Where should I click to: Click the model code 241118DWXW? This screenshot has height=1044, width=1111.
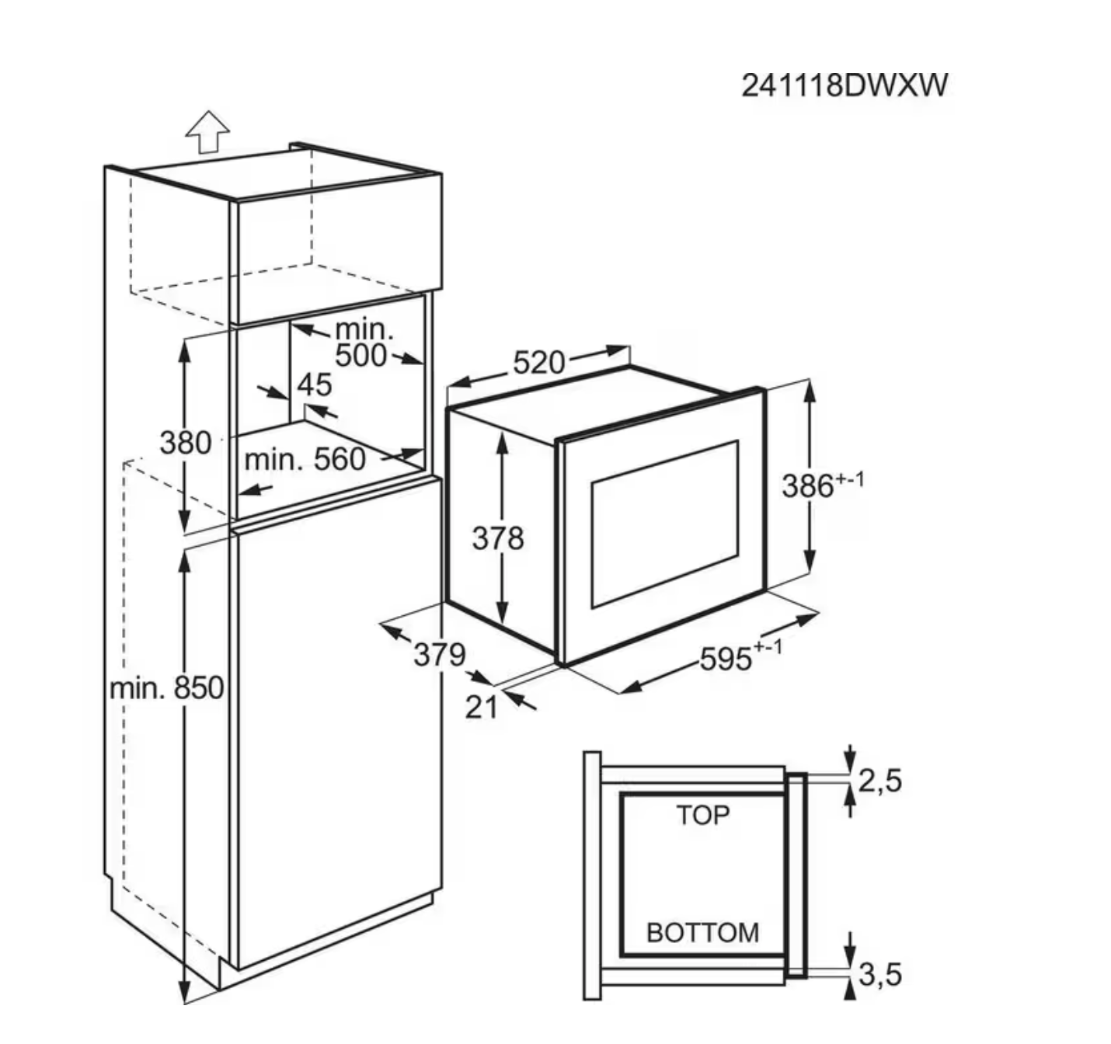point(845,85)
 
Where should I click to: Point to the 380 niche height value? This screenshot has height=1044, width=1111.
point(186,443)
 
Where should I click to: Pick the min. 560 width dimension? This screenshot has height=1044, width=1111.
point(305,460)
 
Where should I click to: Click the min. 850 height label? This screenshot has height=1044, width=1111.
point(166,688)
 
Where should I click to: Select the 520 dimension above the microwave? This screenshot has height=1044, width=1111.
point(538,362)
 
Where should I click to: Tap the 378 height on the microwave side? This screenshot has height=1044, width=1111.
point(498,538)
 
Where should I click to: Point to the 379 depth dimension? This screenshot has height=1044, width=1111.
point(439,654)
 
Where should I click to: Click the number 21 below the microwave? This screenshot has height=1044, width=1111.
point(481,707)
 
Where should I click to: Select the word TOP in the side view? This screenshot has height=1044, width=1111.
point(702,815)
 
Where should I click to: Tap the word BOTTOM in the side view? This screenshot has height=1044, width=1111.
point(702,932)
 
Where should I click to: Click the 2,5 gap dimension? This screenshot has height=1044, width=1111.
point(880,780)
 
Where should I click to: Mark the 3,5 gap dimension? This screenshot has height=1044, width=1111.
point(880,973)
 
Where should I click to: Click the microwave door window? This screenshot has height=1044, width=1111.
point(664,524)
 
